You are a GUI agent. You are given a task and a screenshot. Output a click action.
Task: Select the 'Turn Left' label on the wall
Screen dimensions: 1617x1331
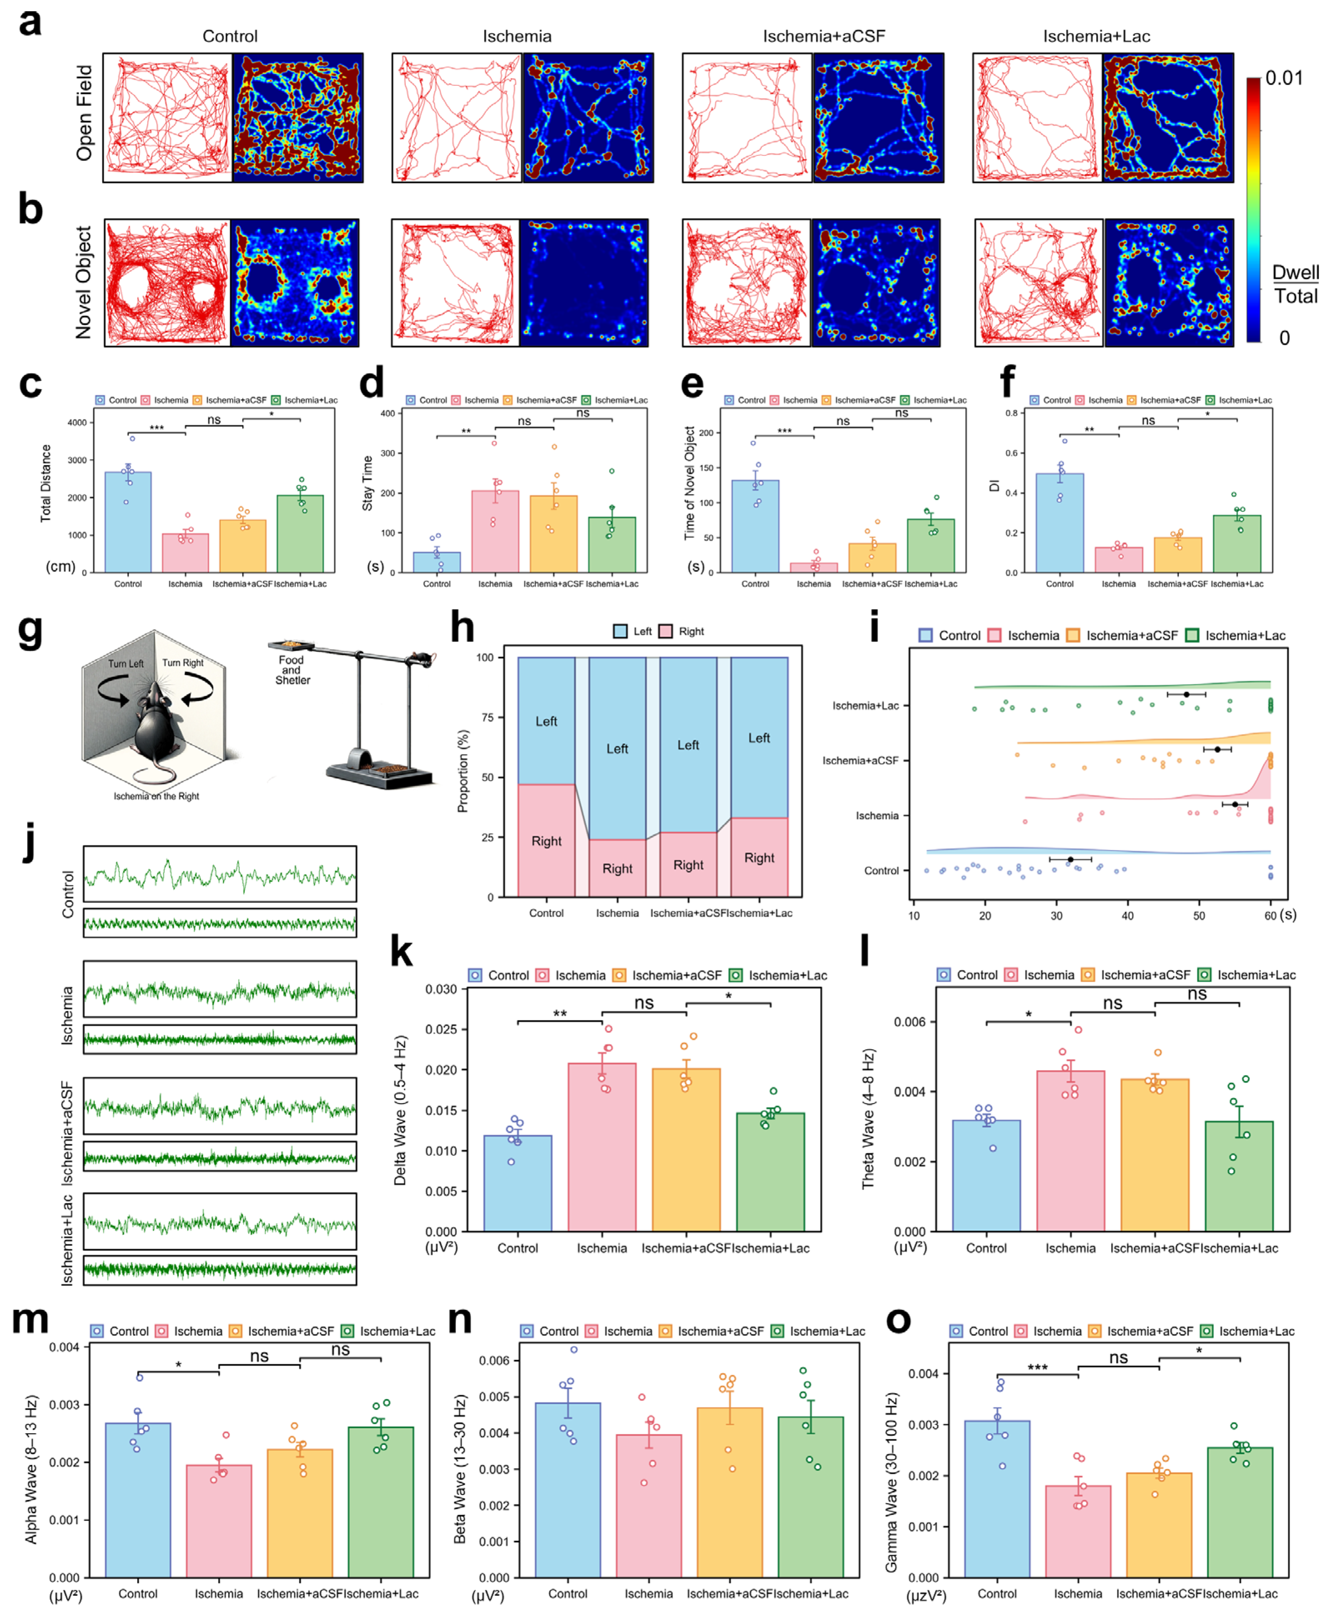pos(126,664)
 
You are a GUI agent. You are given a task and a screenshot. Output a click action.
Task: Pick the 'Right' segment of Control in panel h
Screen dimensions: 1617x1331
pos(546,841)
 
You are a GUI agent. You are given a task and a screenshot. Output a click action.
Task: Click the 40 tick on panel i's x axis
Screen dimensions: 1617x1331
pos(1127,916)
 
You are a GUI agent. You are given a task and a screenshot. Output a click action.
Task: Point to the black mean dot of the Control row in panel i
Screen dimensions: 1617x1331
pos(1070,860)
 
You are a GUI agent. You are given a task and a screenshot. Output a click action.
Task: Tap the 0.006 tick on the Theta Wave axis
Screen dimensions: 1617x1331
pos(909,1022)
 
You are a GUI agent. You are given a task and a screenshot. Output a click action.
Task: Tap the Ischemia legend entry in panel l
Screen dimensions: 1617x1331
pos(1040,975)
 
